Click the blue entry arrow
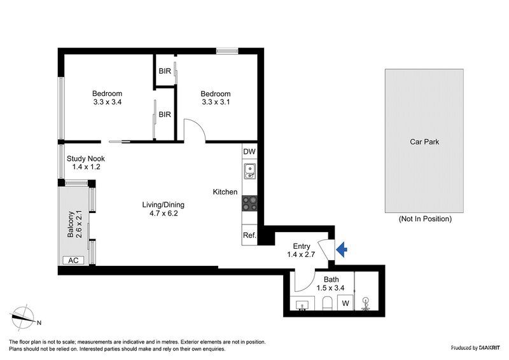342,251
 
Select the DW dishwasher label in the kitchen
249,152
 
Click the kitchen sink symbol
249,170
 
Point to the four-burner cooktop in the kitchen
249,203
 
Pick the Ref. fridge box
249,235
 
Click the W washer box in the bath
345,303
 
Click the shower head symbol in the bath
366,302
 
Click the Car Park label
424,142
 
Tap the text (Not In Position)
424,219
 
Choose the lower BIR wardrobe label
165,115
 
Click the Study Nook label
87,158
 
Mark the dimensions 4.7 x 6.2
163,214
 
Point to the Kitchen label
225,191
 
